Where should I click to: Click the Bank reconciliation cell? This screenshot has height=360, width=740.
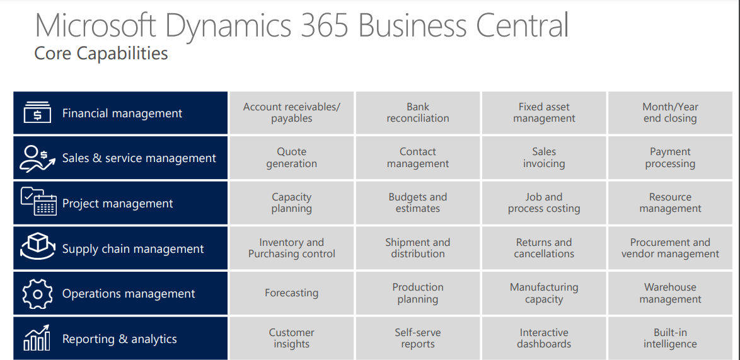pos(418,113)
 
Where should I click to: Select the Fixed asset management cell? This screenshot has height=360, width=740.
pos(544,113)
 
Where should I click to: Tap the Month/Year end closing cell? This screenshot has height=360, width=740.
pos(670,113)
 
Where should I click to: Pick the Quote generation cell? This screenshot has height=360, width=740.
pos(291,158)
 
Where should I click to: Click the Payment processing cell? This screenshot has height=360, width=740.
pos(670,158)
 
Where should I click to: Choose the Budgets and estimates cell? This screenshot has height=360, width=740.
pos(418,203)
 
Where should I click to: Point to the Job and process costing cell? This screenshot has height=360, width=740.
pos(544,203)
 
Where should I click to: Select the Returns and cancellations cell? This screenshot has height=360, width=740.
pos(544,248)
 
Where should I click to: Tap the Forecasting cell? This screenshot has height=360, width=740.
pos(291,293)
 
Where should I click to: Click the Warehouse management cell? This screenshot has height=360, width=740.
pos(670,293)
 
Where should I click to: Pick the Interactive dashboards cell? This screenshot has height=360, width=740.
pos(544,339)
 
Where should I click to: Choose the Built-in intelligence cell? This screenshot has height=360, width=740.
pos(670,339)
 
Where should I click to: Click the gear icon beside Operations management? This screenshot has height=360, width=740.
pos(38,293)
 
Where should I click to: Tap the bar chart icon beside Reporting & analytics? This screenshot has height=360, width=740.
pos(37,338)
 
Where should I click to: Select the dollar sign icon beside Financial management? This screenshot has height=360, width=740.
pos(37,113)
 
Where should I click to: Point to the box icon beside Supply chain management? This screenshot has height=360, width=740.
pos(37,247)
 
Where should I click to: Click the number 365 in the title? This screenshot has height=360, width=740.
pos(325,25)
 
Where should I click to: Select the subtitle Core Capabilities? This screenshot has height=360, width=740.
pos(101,54)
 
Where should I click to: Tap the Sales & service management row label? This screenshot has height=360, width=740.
pos(139,158)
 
